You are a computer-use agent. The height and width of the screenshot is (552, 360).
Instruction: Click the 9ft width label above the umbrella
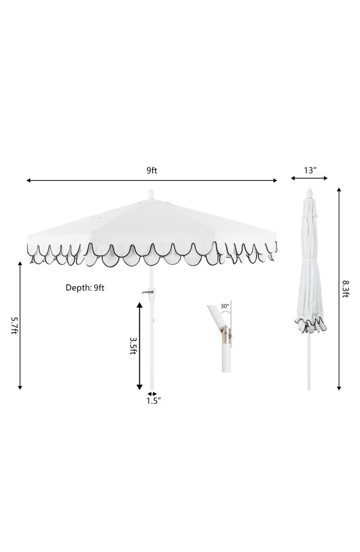click(152, 170)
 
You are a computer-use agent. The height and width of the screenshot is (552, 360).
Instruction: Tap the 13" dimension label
click(310, 170)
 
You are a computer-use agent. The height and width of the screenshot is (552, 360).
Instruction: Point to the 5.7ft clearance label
click(13, 325)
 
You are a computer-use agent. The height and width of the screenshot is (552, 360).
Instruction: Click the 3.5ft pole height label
click(132, 345)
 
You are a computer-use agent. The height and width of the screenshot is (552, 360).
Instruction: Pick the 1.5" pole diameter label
click(153, 401)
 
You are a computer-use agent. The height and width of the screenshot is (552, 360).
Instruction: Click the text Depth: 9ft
click(85, 288)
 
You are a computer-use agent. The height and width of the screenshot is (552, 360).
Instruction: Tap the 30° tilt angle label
click(224, 306)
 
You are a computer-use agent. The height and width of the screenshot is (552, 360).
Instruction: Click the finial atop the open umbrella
click(150, 194)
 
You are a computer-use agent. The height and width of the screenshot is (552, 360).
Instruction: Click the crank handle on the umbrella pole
click(149, 292)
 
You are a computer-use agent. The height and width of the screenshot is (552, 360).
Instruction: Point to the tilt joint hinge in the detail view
click(224, 333)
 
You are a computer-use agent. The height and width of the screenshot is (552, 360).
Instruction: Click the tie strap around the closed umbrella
click(309, 262)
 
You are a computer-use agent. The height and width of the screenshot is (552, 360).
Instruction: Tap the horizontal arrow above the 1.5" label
click(152, 394)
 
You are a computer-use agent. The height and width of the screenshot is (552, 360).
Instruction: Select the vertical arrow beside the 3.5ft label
click(140, 345)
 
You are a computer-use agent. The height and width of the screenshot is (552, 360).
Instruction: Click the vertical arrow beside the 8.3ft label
click(339, 289)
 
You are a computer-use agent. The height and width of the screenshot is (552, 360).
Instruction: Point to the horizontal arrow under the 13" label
click(309, 178)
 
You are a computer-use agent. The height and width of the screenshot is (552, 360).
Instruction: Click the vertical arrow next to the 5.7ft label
click(20, 325)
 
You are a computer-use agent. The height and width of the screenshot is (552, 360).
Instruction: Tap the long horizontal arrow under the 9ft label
click(152, 180)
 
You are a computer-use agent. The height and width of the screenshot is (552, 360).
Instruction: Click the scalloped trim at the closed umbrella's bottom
click(310, 325)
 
